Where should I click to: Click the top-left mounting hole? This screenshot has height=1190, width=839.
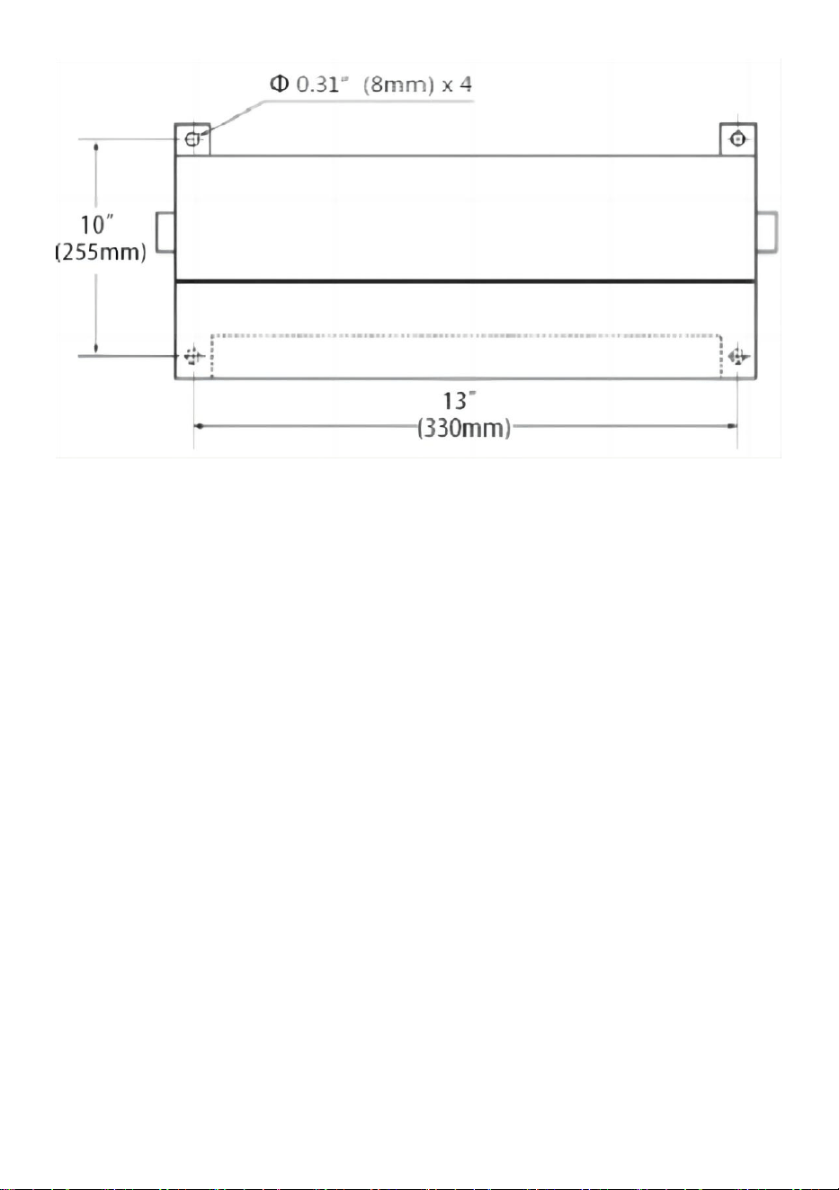coord(192,139)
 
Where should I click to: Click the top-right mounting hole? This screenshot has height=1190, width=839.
coord(736,139)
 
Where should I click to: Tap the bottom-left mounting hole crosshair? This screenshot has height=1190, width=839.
coord(193,355)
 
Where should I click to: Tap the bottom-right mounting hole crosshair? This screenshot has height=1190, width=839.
coord(737,355)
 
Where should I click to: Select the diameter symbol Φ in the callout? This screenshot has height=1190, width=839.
coord(279,84)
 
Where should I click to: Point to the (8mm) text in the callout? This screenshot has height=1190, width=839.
coord(398,84)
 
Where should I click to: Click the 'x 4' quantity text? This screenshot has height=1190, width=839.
coord(457,84)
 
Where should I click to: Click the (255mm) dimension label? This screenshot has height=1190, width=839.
coord(101,252)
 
